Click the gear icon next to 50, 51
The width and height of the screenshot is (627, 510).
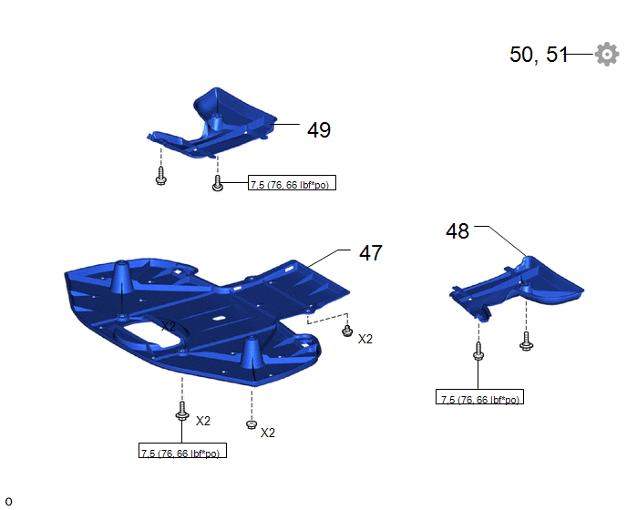[x=607, y=54]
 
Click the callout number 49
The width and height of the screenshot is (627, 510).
[x=319, y=130]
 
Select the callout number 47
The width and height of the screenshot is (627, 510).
[x=371, y=253]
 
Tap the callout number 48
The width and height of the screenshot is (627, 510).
[x=457, y=231]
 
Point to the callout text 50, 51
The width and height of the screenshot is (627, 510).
[x=539, y=55]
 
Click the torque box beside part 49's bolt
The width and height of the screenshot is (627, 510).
[x=292, y=183]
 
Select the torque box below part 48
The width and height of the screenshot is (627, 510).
[x=479, y=396]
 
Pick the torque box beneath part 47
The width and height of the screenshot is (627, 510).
[x=182, y=451]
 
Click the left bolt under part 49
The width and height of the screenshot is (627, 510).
[x=160, y=177]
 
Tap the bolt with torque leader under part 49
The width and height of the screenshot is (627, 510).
[x=218, y=183]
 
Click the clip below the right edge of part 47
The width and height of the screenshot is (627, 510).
[x=347, y=331]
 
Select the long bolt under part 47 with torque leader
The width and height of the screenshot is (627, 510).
[x=182, y=412]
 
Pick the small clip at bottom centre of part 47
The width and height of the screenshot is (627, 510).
[x=252, y=424]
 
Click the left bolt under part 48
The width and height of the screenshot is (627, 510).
[x=478, y=351]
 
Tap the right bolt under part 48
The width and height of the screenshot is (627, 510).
[x=526, y=342]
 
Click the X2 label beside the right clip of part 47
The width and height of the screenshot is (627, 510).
[x=365, y=340]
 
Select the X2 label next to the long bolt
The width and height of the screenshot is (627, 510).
[x=202, y=421]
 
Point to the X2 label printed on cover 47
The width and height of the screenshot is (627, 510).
[x=169, y=326]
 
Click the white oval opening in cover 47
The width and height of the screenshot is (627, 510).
[x=153, y=332]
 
